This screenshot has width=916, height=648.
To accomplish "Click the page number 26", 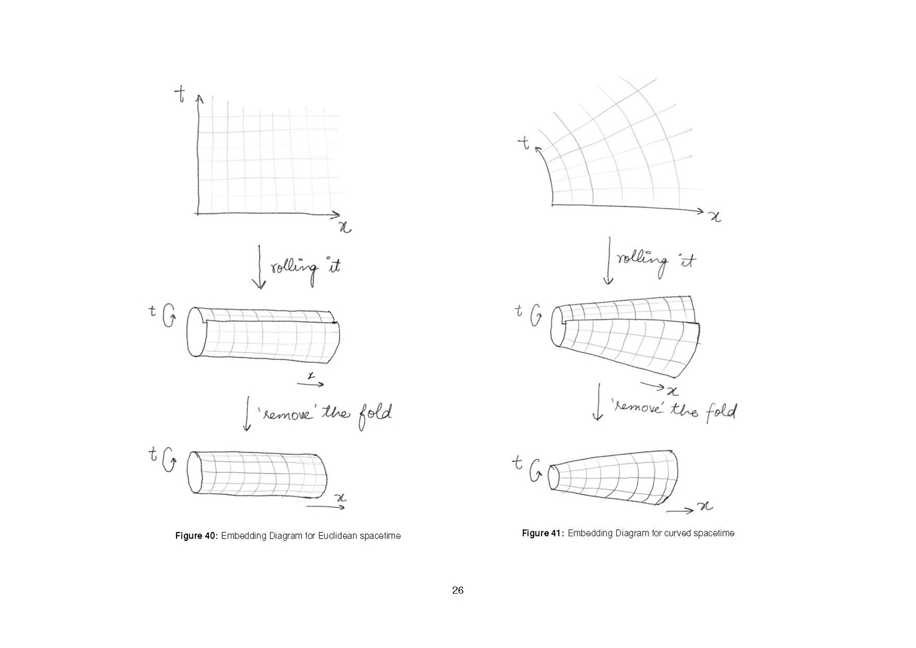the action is [457, 590].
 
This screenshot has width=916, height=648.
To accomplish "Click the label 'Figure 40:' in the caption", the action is [196, 536].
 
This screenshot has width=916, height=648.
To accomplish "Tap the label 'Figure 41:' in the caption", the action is [543, 533].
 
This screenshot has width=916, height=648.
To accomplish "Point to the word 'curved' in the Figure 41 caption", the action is [677, 533].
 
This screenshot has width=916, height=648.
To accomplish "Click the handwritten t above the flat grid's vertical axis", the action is [180, 94].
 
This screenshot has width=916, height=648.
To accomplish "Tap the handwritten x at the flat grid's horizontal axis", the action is [345, 227].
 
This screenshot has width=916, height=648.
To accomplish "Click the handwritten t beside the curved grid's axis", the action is [524, 143].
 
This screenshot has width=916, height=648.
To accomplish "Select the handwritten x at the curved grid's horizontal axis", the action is [715, 217].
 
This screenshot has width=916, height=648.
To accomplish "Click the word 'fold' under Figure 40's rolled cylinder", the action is [375, 416].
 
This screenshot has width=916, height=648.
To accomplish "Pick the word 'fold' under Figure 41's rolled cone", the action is [722, 412].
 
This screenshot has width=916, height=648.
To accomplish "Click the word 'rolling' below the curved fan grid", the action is [642, 261].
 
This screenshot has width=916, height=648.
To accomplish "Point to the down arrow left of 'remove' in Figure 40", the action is [247, 413].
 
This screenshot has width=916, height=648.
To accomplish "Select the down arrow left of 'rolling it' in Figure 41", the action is [609, 260].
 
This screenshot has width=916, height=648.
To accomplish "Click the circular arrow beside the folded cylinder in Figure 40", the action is [169, 316].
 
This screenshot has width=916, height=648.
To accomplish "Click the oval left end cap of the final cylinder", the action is [195, 473].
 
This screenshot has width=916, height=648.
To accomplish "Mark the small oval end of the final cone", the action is [553, 477].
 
